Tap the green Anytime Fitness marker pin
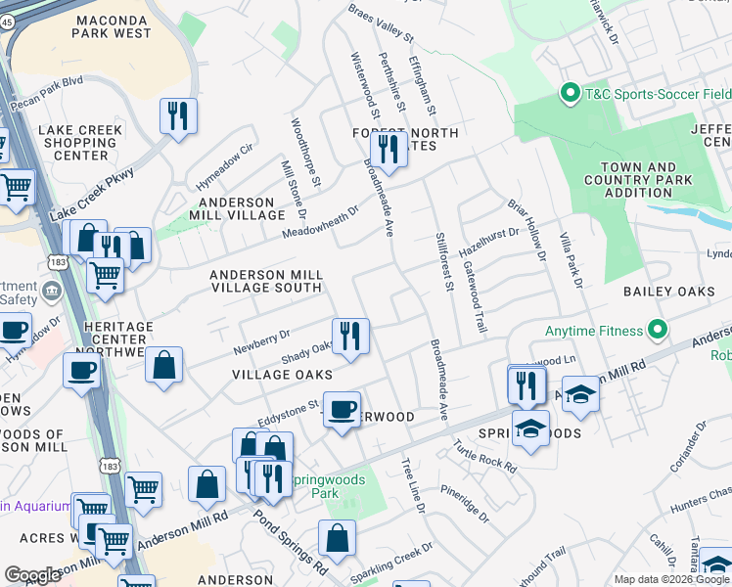pyautogui.click(x=657, y=331)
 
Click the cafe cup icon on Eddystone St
pyautogui.click(x=342, y=409)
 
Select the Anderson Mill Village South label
pyautogui.click(x=266, y=282)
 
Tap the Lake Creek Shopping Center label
pyautogui.click(x=80, y=143)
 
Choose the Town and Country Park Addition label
pyautogui.click(x=637, y=180)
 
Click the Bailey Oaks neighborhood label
pyautogui.click(x=665, y=292)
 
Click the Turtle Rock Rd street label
pyautogui.click(x=483, y=452)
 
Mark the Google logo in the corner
pyautogui.click(x=33, y=575)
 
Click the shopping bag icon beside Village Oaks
pyautogui.click(x=164, y=365)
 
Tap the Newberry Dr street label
pyautogui.click(x=261, y=340)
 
